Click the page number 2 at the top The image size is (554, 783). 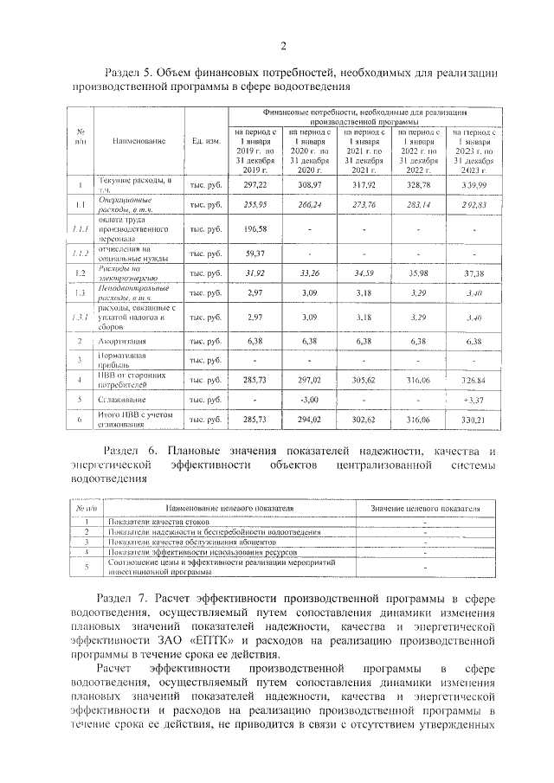(x=283, y=46)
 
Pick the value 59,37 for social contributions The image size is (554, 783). (x=255, y=254)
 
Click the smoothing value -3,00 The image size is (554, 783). (x=310, y=400)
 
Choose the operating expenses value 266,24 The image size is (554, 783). (x=310, y=206)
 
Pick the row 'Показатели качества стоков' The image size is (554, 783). (x=153, y=523)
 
